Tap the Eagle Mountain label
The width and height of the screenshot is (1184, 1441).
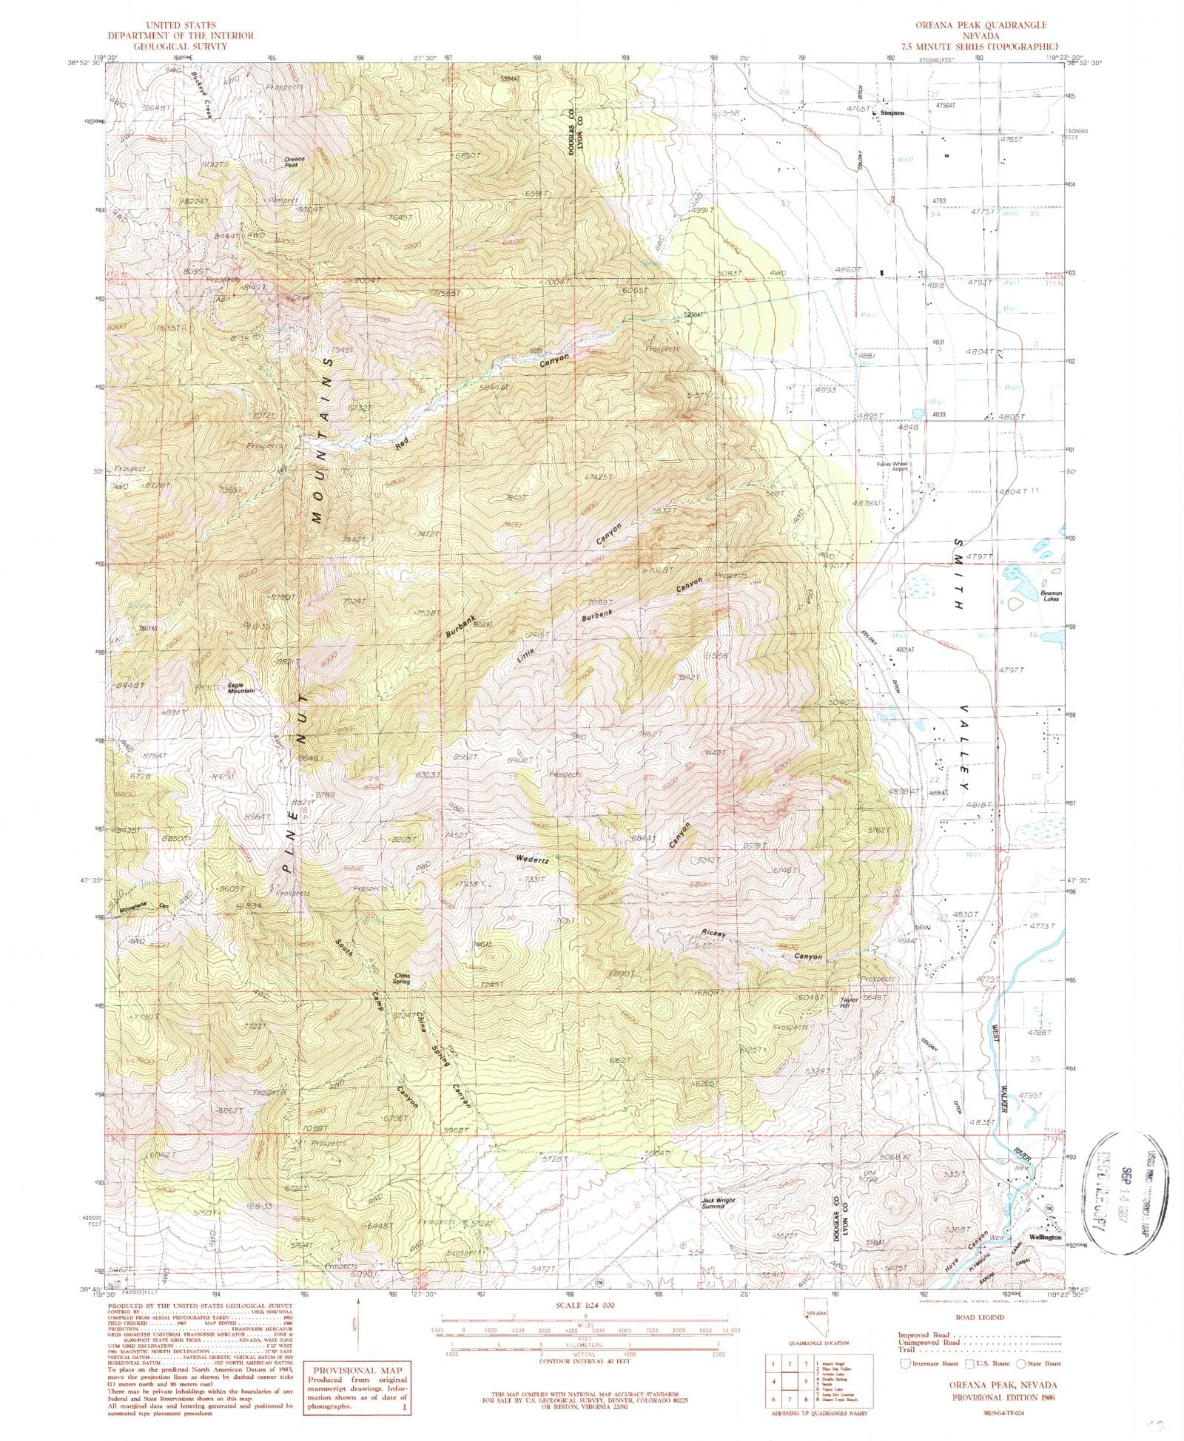[240, 688]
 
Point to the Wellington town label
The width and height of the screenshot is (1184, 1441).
[1044, 1237]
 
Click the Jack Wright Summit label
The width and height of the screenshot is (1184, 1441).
[719, 1203]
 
